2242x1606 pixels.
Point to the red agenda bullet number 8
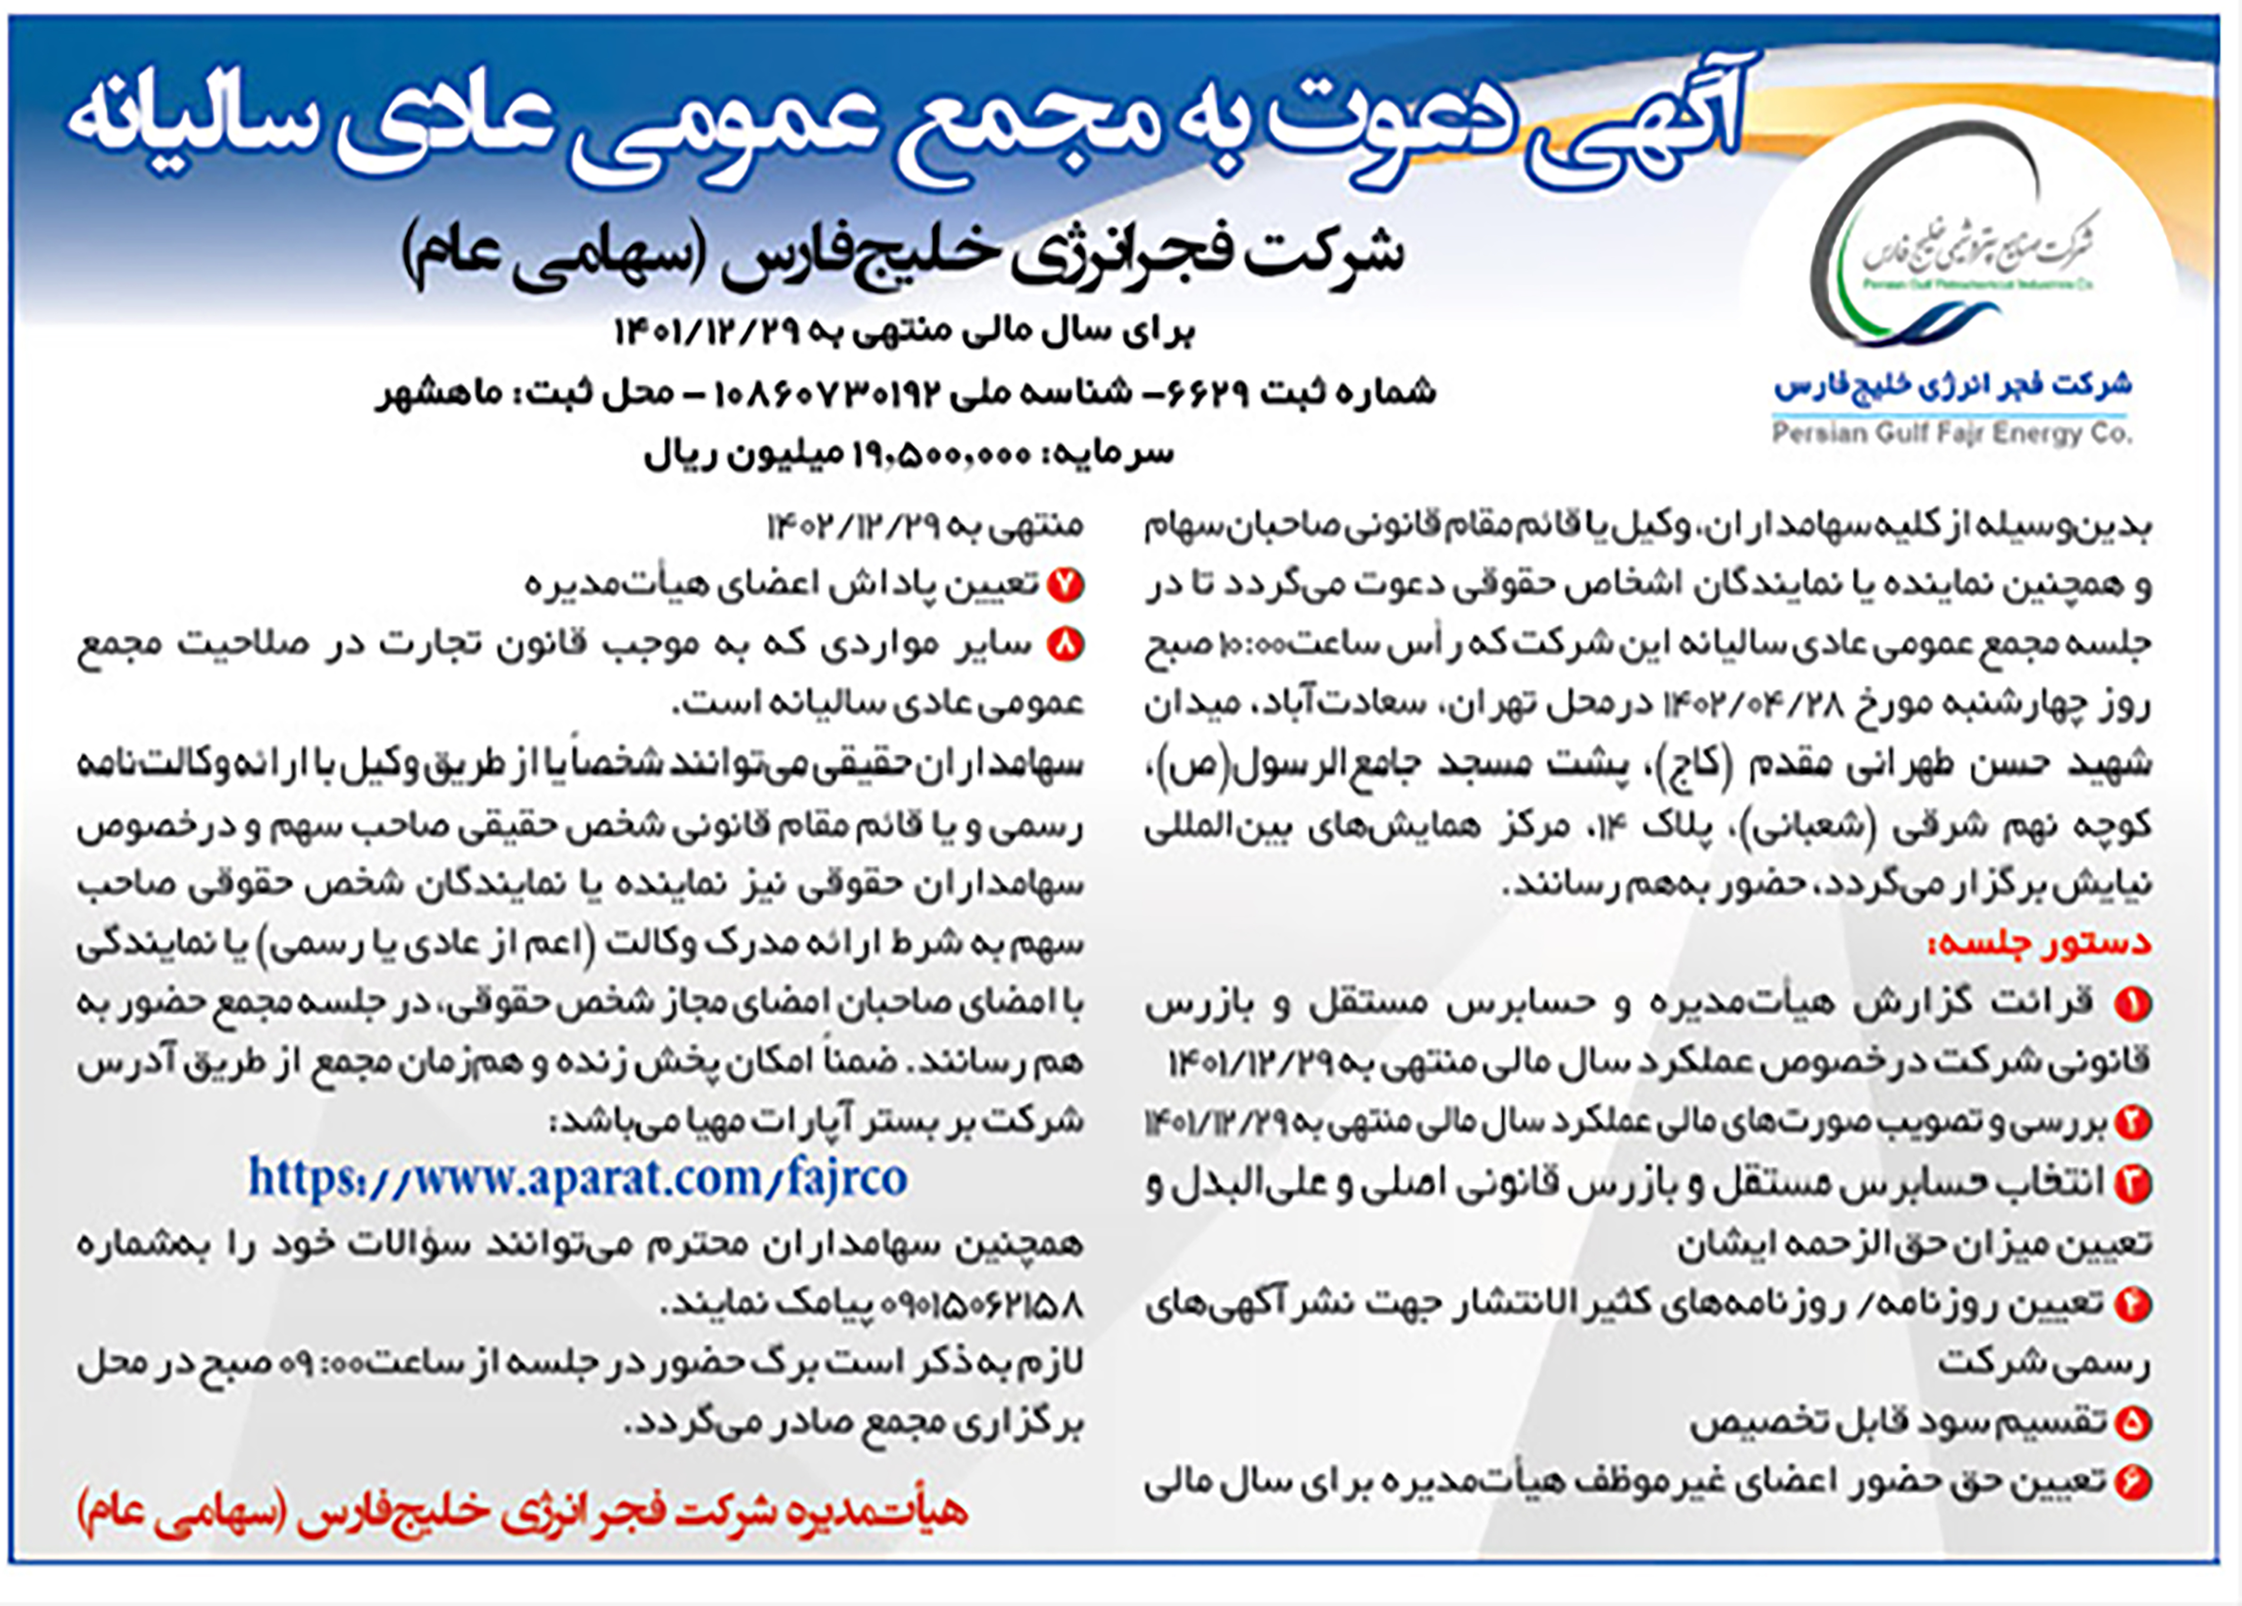[x=1066, y=645]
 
